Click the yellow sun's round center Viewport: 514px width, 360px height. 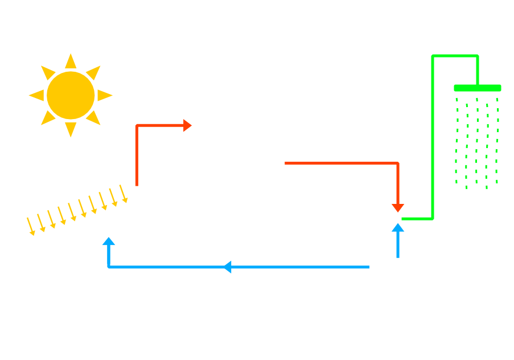(x=71, y=95)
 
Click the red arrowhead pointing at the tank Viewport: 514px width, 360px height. (x=188, y=125)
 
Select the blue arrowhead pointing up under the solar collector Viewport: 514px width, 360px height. (x=108, y=241)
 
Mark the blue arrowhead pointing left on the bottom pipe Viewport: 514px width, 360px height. (x=227, y=267)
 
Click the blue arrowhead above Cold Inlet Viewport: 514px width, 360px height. (x=398, y=227)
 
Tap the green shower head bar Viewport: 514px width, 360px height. (x=477, y=88)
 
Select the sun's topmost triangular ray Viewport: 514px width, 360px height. (x=71, y=61)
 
